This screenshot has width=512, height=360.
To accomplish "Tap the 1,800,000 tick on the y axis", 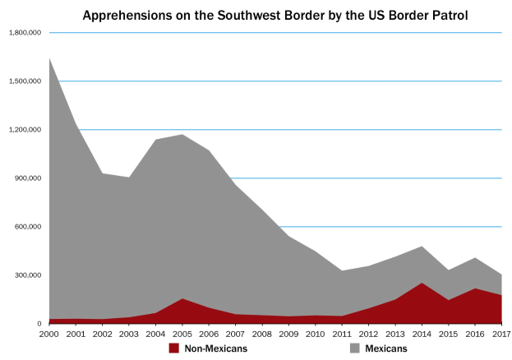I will (x=25, y=32).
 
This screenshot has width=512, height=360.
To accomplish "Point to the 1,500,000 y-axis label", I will (x=25, y=81).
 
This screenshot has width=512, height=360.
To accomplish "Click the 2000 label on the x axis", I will (x=49, y=334).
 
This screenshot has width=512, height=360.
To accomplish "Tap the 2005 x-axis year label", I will (x=182, y=334).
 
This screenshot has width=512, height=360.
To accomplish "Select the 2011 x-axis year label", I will (x=341, y=334).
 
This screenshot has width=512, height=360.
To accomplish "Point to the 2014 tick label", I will (x=421, y=334).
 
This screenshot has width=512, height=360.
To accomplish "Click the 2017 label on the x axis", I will (x=500, y=334).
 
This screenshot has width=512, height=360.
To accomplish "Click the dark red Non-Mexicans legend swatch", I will (x=173, y=348).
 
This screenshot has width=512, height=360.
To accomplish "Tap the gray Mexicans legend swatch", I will (x=354, y=348).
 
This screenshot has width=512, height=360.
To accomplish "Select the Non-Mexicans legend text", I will (x=215, y=348).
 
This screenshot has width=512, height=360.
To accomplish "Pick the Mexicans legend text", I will (x=386, y=348).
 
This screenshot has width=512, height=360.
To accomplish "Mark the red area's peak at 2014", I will (x=422, y=283).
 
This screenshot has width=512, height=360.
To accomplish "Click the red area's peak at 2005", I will (x=182, y=298).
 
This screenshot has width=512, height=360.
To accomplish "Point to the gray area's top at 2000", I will (x=50, y=58).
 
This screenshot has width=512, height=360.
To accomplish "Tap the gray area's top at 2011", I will (x=342, y=270).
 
